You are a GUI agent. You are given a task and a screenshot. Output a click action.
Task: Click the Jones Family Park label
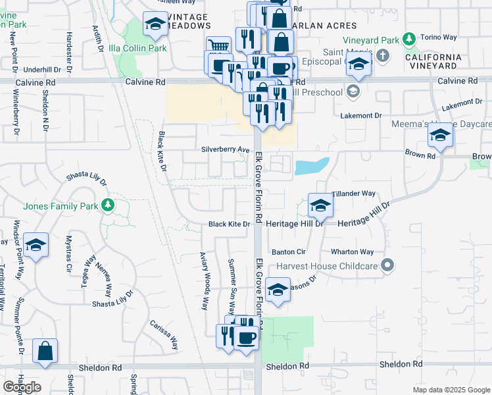pyautogui.click(x=61, y=205)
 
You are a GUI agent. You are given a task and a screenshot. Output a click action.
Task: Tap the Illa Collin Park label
pyautogui.click(x=137, y=48)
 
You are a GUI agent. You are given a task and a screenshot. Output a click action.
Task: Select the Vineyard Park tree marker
pyautogui.click(x=409, y=39)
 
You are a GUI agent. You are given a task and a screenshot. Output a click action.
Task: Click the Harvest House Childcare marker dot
pyautogui.click(x=388, y=266)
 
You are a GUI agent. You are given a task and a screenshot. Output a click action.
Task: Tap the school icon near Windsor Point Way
pyautogui.click(x=37, y=246)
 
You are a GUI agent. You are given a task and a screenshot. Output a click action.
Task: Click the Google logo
pyautogui.click(x=22, y=386)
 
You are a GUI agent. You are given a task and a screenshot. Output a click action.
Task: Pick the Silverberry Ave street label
pyautogui.click(x=226, y=149)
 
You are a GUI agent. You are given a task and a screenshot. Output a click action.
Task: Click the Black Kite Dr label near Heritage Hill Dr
pyautogui.click(x=230, y=224)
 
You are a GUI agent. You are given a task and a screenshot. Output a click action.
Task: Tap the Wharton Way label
pyautogui.click(x=352, y=251)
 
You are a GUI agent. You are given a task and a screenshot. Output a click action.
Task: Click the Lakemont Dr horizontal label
pyautogui.click(x=361, y=115)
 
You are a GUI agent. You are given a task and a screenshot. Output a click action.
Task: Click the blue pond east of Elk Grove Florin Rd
pyautogui.click(x=312, y=167)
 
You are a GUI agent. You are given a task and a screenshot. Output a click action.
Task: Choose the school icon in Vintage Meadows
pyautogui.click(x=155, y=25)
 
